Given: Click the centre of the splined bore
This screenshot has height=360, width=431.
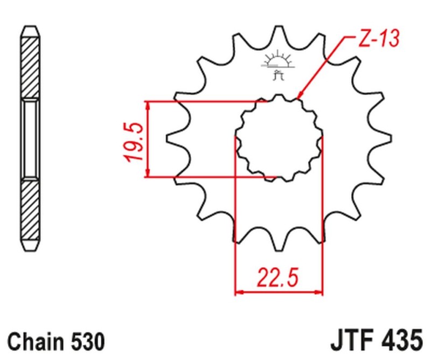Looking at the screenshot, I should tap(279, 138).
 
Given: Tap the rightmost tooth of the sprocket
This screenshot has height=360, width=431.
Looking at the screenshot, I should tap(384, 138).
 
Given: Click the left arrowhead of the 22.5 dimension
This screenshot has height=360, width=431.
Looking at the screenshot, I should tap(239, 293).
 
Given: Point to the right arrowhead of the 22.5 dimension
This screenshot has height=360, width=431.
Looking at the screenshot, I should tap(318, 293).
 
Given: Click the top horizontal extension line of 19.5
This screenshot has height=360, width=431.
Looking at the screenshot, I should tap(205, 101).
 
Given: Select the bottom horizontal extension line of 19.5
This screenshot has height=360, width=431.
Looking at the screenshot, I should tap(205, 176).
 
